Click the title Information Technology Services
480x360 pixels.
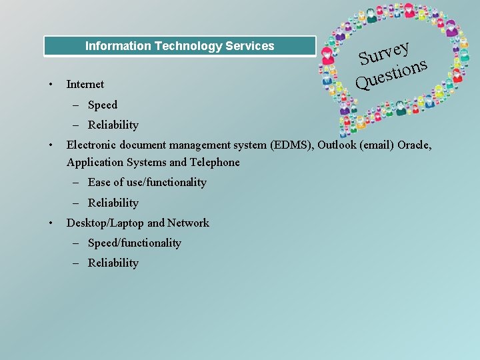point(179,46)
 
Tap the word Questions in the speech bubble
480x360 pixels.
point(391,74)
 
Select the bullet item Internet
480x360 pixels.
point(85,84)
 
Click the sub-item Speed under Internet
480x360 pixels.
point(102,105)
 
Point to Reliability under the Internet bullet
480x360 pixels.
point(113,125)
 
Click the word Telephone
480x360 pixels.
point(214,162)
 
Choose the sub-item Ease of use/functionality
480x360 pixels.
point(147,182)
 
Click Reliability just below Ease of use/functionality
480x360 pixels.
point(113,203)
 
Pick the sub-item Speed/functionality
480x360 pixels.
point(134,243)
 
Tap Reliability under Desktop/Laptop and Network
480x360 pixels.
point(113,263)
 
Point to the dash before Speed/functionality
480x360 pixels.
point(79,243)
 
